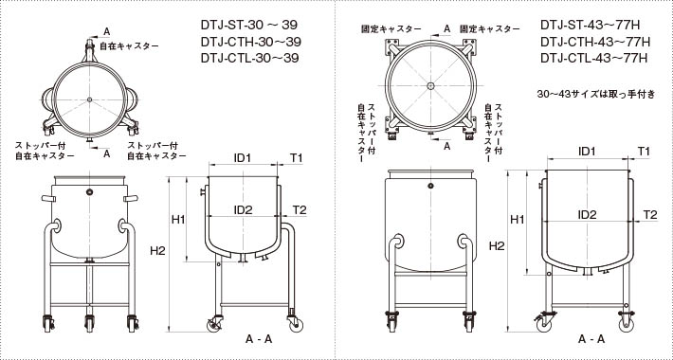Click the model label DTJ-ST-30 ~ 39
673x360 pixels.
(x=249, y=25)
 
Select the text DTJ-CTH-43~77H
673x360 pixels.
(x=595, y=42)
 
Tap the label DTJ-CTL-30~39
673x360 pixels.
(x=250, y=58)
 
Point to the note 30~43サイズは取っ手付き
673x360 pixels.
(x=596, y=95)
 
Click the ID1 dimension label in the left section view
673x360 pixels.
(x=242, y=158)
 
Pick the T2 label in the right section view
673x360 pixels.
(x=650, y=214)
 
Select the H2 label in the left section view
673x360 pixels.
(x=157, y=251)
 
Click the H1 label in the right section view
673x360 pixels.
(x=518, y=220)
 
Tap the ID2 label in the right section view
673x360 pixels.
(x=587, y=214)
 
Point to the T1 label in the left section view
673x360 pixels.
(x=296, y=158)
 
